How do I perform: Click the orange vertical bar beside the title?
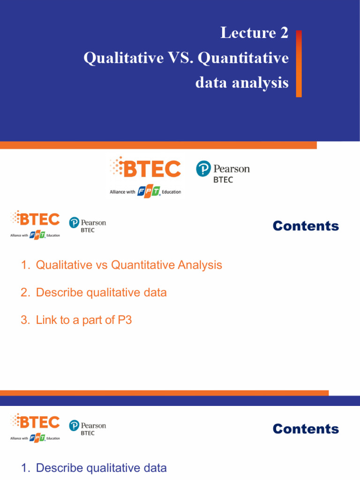tap(299, 64)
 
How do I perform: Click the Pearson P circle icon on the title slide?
tap(203, 169)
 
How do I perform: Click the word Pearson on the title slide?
tap(231, 168)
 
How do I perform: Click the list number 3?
tap(24, 321)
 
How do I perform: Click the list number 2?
tap(24, 293)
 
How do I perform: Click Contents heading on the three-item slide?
tap(306, 226)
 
